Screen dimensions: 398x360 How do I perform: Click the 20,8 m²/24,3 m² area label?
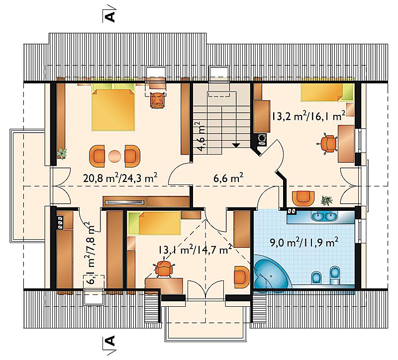click(x=120, y=178)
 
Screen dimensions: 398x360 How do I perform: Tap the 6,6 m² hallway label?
click(x=228, y=178)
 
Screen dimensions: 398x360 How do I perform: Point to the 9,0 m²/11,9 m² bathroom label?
click(x=304, y=242)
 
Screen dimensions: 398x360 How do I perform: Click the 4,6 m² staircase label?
click(x=202, y=137)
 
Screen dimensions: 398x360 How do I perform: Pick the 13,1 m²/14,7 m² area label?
click(x=195, y=250)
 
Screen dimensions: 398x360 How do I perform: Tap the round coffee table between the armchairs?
click(x=114, y=156)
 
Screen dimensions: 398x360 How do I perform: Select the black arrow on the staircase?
click(x=236, y=145)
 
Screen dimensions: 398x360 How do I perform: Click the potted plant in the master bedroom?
click(x=62, y=153)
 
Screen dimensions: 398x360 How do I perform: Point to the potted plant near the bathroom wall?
click(x=326, y=200)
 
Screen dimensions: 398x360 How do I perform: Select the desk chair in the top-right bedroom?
click(x=328, y=143)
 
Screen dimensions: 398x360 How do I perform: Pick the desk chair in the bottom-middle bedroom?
click(x=164, y=268)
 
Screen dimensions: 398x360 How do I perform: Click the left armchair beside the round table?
click(x=97, y=156)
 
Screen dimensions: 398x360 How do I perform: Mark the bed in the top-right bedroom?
click(x=327, y=92)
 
